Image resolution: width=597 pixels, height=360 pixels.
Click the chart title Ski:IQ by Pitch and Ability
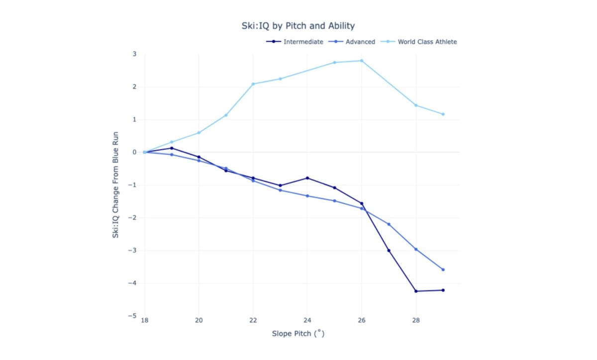tap(298, 25)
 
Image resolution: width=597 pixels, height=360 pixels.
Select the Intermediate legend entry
tap(303, 42)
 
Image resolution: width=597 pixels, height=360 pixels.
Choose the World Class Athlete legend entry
tap(427, 42)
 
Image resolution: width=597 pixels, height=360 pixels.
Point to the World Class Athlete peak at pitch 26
tap(362, 61)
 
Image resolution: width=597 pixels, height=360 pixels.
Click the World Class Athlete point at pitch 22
tap(253, 84)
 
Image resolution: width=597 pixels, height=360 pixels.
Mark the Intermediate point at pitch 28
tap(416, 291)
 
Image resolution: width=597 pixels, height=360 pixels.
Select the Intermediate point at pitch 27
tap(389, 251)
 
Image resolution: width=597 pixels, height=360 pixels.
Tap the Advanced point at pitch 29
tap(443, 270)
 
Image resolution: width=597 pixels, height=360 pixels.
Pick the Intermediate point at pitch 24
tap(307, 178)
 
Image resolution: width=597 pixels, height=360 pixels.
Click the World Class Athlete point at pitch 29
tap(443, 114)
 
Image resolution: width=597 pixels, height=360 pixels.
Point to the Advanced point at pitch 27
tap(389, 224)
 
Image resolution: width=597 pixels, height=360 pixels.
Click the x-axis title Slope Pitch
tap(298, 334)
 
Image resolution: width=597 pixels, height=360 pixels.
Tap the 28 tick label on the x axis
tap(416, 320)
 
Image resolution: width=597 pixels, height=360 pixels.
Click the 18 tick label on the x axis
tap(145, 320)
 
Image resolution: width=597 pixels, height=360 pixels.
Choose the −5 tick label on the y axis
tap(132, 316)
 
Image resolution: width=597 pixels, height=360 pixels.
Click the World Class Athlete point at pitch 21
tap(226, 115)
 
